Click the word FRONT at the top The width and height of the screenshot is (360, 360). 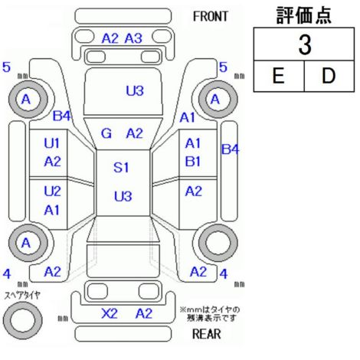tap(210, 17)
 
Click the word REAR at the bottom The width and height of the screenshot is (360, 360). tap(207, 334)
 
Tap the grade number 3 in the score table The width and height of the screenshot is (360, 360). tap(305, 44)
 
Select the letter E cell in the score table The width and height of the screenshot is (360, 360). tap(279, 76)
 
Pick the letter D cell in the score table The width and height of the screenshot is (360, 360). tap(329, 76)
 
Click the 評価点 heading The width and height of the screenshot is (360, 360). tap(304, 15)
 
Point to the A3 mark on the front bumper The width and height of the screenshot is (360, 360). tap(133, 38)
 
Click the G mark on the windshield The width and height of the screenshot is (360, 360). tap(106, 133)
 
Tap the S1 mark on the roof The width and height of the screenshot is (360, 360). tap(121, 168)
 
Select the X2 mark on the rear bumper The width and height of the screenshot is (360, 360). tap(110, 313)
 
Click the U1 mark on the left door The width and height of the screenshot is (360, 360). tap(52, 143)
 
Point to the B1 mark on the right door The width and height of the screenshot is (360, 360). tap(193, 162)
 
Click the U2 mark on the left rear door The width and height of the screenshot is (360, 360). tap(52, 191)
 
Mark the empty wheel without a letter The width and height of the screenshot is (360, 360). tap(218, 243)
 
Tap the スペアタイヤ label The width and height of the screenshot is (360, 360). tap(22, 296)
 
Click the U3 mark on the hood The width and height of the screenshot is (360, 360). tap(135, 90)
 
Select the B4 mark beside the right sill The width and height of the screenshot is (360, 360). tap(230, 149)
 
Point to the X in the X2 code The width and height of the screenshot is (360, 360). tap(106, 313)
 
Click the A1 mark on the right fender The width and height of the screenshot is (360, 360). tap(187, 118)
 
